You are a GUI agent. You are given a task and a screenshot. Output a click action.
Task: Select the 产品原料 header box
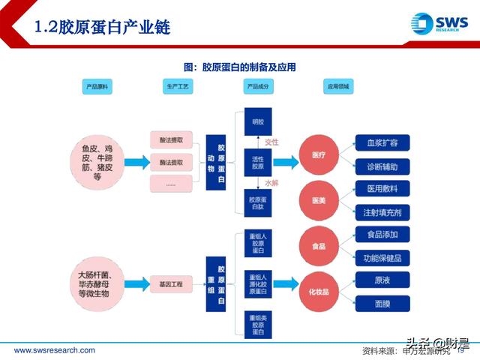click(97, 88)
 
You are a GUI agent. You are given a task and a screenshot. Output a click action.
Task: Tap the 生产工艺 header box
click(178, 88)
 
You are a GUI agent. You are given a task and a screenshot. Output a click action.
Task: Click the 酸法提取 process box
click(171, 140)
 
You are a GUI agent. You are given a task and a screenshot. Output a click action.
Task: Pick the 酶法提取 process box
click(171, 162)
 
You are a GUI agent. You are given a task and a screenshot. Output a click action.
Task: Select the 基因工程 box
click(171, 284)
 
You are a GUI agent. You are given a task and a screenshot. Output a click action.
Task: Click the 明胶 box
click(258, 121)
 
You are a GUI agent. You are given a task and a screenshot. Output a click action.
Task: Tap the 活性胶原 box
click(258, 162)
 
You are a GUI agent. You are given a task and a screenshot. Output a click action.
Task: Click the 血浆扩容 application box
click(382, 142)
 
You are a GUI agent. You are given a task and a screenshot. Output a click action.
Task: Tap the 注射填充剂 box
click(382, 211)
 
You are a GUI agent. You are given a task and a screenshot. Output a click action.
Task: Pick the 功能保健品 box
click(382, 258)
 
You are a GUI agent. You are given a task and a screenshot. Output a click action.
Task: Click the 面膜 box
click(382, 304)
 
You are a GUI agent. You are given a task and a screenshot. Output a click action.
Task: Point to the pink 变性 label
click(271, 142)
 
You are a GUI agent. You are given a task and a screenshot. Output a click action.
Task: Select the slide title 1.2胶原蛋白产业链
click(103, 28)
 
